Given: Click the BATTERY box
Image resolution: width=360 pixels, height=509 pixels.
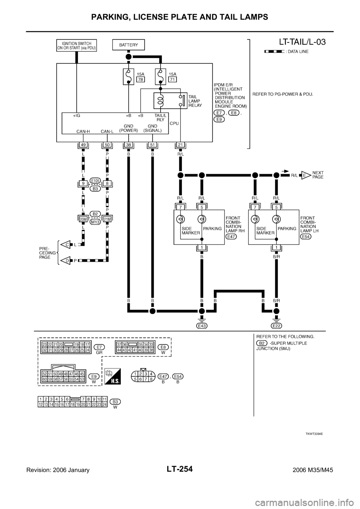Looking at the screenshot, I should (128, 45).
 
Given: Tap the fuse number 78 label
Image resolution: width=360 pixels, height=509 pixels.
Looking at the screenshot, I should (141, 79).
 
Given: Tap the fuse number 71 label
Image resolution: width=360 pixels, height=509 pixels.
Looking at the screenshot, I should (173, 79).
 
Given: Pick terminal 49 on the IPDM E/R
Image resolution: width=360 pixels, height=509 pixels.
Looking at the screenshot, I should (83, 145).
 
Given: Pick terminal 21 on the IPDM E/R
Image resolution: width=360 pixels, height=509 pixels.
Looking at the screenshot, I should (180, 145).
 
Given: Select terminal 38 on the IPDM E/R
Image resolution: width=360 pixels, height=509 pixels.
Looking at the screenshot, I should (128, 145).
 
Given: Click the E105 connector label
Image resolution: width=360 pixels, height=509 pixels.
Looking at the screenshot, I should (95, 180).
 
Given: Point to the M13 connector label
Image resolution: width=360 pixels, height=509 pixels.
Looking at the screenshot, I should (95, 222).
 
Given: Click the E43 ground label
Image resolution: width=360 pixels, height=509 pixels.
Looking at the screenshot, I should (202, 325).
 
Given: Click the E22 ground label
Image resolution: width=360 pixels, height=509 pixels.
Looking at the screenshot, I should (276, 325).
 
